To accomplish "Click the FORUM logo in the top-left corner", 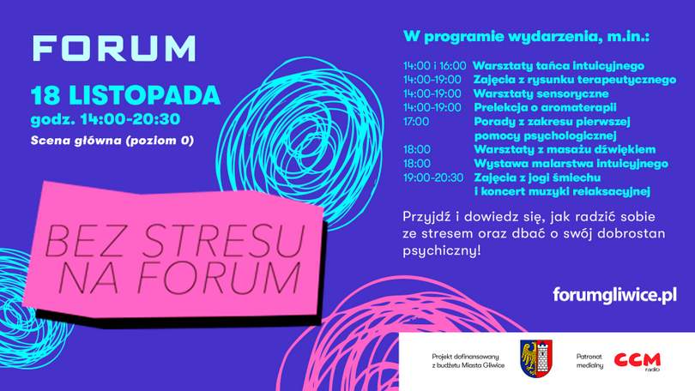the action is point(114,48).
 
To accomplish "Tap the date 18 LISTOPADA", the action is point(125,95).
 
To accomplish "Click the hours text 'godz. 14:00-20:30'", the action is point(106,119).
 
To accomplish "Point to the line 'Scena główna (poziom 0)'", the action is point(112,141).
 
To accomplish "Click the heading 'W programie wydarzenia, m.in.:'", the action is point(526,37).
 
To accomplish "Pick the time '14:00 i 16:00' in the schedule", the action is point(434,66).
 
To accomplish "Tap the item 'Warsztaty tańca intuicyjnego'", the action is point(559,66).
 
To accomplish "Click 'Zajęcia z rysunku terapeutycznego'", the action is point(575,80).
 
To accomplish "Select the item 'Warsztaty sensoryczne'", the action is point(541,93).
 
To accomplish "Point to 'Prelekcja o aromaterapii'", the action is point(545,107).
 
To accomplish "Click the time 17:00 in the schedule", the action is point(416,122).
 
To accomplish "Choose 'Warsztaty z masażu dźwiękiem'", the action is point(565,150).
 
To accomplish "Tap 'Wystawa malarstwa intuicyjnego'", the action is point(571,164).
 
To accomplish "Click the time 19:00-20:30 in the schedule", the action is point(433,178).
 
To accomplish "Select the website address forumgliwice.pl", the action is point(614,295).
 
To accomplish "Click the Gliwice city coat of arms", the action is point(536,358).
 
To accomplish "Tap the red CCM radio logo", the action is point(637,360).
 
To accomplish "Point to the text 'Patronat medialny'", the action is point(589,361).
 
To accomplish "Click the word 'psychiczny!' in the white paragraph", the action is point(442,250).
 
